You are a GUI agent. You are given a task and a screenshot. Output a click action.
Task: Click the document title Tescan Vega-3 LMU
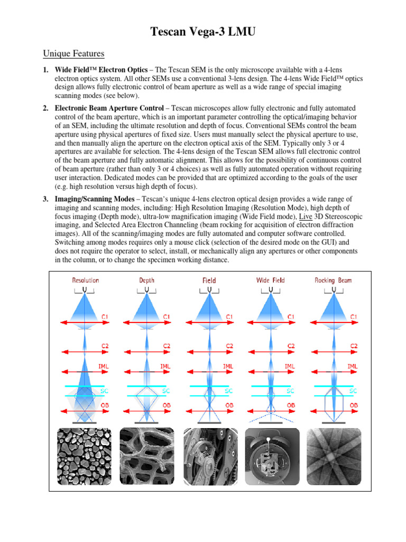pyautogui.click(x=203, y=33)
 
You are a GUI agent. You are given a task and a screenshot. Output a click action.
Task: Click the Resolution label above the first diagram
pyautogui.click(x=86, y=280)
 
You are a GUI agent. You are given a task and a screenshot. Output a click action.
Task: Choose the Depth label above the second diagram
pyautogui.click(x=147, y=280)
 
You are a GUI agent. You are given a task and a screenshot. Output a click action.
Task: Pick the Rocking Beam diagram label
pyautogui.click(x=333, y=280)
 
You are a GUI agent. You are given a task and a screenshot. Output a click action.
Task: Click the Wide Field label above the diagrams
pyautogui.click(x=270, y=280)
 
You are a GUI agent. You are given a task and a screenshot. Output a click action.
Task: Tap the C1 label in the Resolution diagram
pyautogui.click(x=106, y=317)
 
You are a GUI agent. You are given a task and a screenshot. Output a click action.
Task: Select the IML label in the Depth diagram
pyautogui.click(x=165, y=366)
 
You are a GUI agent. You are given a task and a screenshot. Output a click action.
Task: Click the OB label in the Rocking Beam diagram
pyautogui.click(x=353, y=405)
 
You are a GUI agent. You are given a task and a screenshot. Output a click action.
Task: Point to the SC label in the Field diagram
pyautogui.click(x=229, y=391)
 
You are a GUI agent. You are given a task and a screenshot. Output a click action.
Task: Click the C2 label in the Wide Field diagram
pyautogui.click(x=291, y=346)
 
